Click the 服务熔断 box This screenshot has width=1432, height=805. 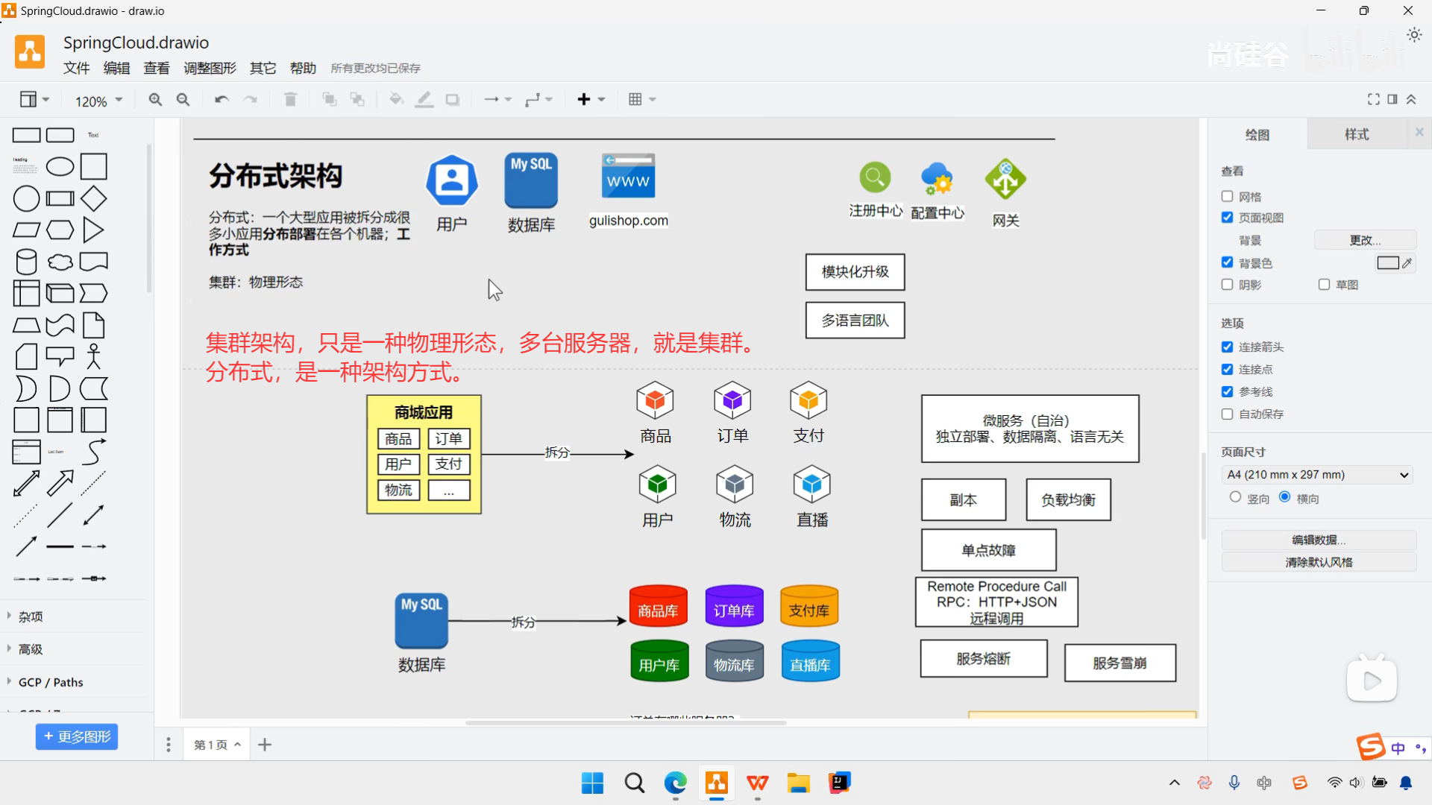983,659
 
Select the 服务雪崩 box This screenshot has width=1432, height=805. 1119,663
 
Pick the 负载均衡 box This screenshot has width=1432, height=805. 1068,500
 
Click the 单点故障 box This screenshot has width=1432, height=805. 988,551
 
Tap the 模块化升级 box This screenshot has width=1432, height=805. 855,272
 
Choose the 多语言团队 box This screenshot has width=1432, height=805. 855,321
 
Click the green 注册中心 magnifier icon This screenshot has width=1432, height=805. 875,178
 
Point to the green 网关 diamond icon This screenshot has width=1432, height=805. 1005,180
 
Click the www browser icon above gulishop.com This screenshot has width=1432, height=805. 628,177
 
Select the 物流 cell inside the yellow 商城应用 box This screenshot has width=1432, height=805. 398,490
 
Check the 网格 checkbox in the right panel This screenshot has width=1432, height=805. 1227,197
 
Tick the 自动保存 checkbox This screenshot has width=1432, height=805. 1227,414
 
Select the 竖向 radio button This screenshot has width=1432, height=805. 1235,498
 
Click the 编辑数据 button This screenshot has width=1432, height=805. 1318,540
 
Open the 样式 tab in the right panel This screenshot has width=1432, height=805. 1356,135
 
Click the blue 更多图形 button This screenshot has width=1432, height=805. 77,737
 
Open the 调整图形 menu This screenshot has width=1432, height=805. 210,69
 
